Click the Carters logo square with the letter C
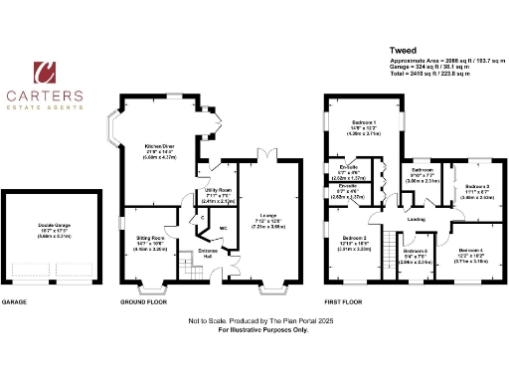click(x=46, y=72)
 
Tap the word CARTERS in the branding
click(x=46, y=95)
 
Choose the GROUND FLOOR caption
click(x=145, y=300)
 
